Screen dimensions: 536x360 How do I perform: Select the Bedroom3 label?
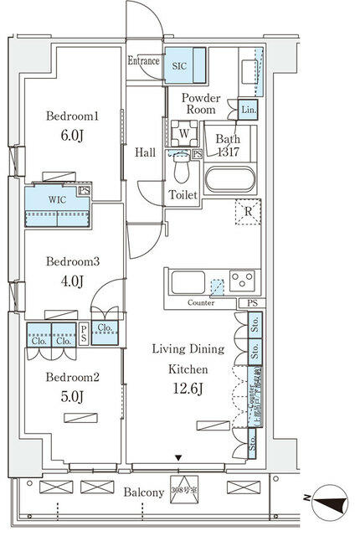73,261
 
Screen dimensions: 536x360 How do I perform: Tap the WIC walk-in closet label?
57,200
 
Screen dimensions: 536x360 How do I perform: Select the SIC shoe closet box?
181,65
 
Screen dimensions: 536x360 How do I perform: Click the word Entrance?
144,61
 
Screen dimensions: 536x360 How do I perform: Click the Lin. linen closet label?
249,110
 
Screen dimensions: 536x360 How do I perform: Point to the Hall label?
145,152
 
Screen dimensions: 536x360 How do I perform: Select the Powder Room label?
201,104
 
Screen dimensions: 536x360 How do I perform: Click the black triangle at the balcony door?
177,457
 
